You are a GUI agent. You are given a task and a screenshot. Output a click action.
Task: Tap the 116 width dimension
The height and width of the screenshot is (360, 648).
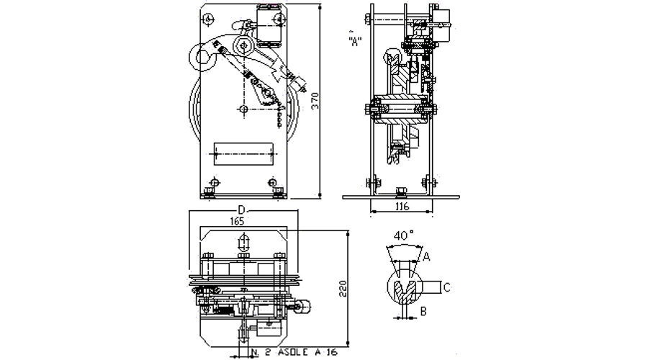click(x=402, y=207)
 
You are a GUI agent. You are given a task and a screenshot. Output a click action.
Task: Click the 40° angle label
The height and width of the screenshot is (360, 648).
click(x=403, y=235)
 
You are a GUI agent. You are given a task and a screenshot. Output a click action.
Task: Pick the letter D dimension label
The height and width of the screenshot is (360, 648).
click(x=242, y=210)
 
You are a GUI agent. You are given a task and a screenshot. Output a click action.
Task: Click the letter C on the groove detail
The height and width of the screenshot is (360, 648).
click(x=446, y=288)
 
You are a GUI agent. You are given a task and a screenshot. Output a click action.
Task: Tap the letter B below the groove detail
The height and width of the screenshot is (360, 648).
click(x=423, y=311)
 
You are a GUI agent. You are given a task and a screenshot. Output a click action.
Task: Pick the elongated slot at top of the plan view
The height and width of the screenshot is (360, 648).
click(x=243, y=242)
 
